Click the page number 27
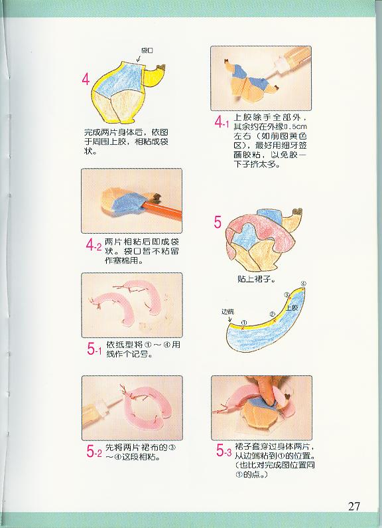pos(354,506)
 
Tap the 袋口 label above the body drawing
pos(147,50)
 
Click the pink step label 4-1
pos(222,122)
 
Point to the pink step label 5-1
pos(94,349)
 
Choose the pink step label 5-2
pos(94,452)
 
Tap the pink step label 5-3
pos(223,450)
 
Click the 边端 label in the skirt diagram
pos(227,311)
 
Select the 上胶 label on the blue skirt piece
pos(292,307)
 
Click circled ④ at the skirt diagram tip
pos(303,284)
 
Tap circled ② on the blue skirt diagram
pos(273,315)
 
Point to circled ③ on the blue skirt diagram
pos(287,295)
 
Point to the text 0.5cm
pos(296,127)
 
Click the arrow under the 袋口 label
pos(139,58)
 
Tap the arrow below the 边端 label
pos(230,319)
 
